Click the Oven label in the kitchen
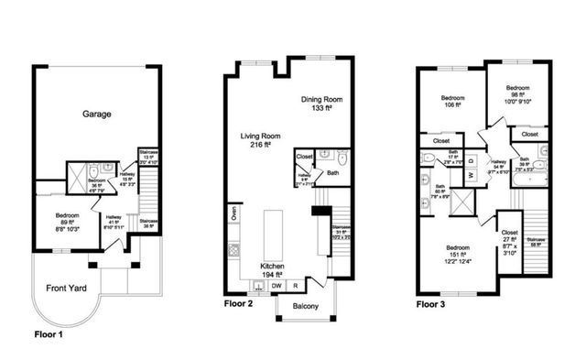[x=234, y=216]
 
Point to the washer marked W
[x=472, y=174]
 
